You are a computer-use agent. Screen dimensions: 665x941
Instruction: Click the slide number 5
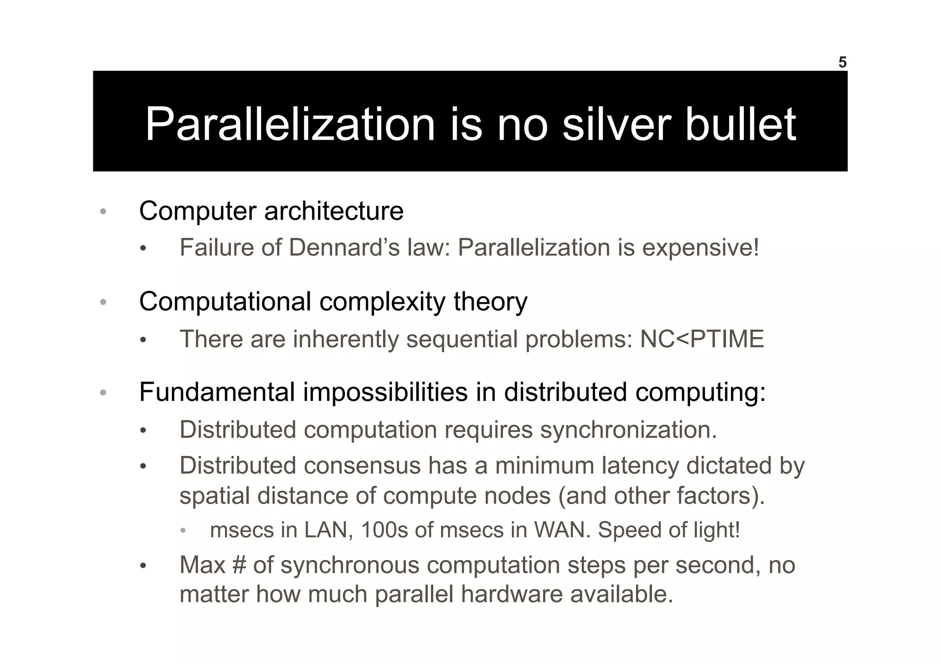[842, 63]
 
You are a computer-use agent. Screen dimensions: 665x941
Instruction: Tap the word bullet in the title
[741, 124]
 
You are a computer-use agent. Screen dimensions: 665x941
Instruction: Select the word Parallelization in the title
[290, 124]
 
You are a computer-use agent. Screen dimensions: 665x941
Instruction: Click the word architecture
[334, 211]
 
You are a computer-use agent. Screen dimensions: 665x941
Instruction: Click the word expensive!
[700, 248]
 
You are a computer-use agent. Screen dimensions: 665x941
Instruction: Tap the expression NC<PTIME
[702, 339]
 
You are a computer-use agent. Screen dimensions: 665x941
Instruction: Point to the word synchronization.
[628, 430]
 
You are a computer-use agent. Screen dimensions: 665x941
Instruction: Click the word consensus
[362, 466]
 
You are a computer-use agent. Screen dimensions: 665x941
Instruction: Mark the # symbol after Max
[239, 565]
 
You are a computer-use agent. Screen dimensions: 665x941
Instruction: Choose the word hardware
[511, 594]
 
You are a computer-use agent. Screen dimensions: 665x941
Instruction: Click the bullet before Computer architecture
[103, 211]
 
